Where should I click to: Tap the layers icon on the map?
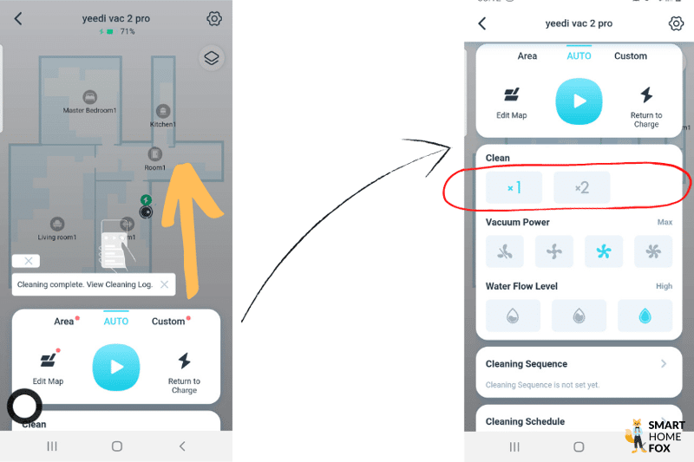(x=212, y=58)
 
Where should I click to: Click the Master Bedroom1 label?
(x=89, y=110)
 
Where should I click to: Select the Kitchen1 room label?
(x=163, y=124)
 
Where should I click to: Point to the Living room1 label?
(x=57, y=237)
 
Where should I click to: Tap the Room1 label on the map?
(x=154, y=167)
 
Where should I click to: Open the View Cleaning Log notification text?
(x=84, y=284)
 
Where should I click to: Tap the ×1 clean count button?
(x=514, y=187)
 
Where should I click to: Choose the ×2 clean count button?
(x=581, y=187)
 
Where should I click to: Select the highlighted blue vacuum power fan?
(x=604, y=252)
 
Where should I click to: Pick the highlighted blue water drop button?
(x=645, y=316)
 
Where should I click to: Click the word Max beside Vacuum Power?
(x=665, y=223)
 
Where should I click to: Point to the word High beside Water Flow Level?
(x=664, y=286)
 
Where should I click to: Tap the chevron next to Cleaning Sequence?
(x=664, y=364)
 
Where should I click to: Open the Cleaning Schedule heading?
(x=525, y=422)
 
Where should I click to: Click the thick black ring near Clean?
(x=24, y=407)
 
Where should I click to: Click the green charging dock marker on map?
(x=146, y=200)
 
